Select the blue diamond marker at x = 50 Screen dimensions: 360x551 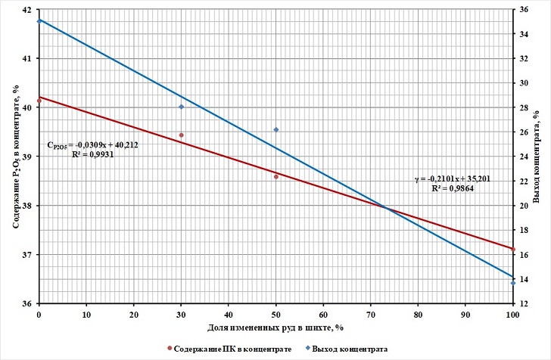click(x=276, y=129)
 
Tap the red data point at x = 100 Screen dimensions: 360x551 click(x=513, y=250)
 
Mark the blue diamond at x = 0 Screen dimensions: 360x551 click(x=39, y=21)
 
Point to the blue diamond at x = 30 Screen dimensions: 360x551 click(x=181, y=107)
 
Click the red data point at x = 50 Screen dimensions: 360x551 click(x=276, y=176)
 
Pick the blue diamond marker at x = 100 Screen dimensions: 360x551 click(x=513, y=282)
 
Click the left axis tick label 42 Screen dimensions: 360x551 click(x=28, y=10)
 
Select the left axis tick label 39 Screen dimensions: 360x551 click(x=28, y=157)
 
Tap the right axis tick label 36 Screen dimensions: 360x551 click(x=525, y=10)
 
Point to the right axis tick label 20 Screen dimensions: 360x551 click(x=525, y=206)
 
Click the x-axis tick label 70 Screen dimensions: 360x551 click(x=371, y=314)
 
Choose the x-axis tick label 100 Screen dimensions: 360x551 click(x=512, y=314)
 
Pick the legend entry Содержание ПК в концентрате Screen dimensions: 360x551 click(x=223, y=349)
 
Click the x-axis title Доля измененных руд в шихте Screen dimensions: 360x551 click(x=275, y=327)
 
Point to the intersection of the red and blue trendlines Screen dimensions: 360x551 click(x=385, y=207)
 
